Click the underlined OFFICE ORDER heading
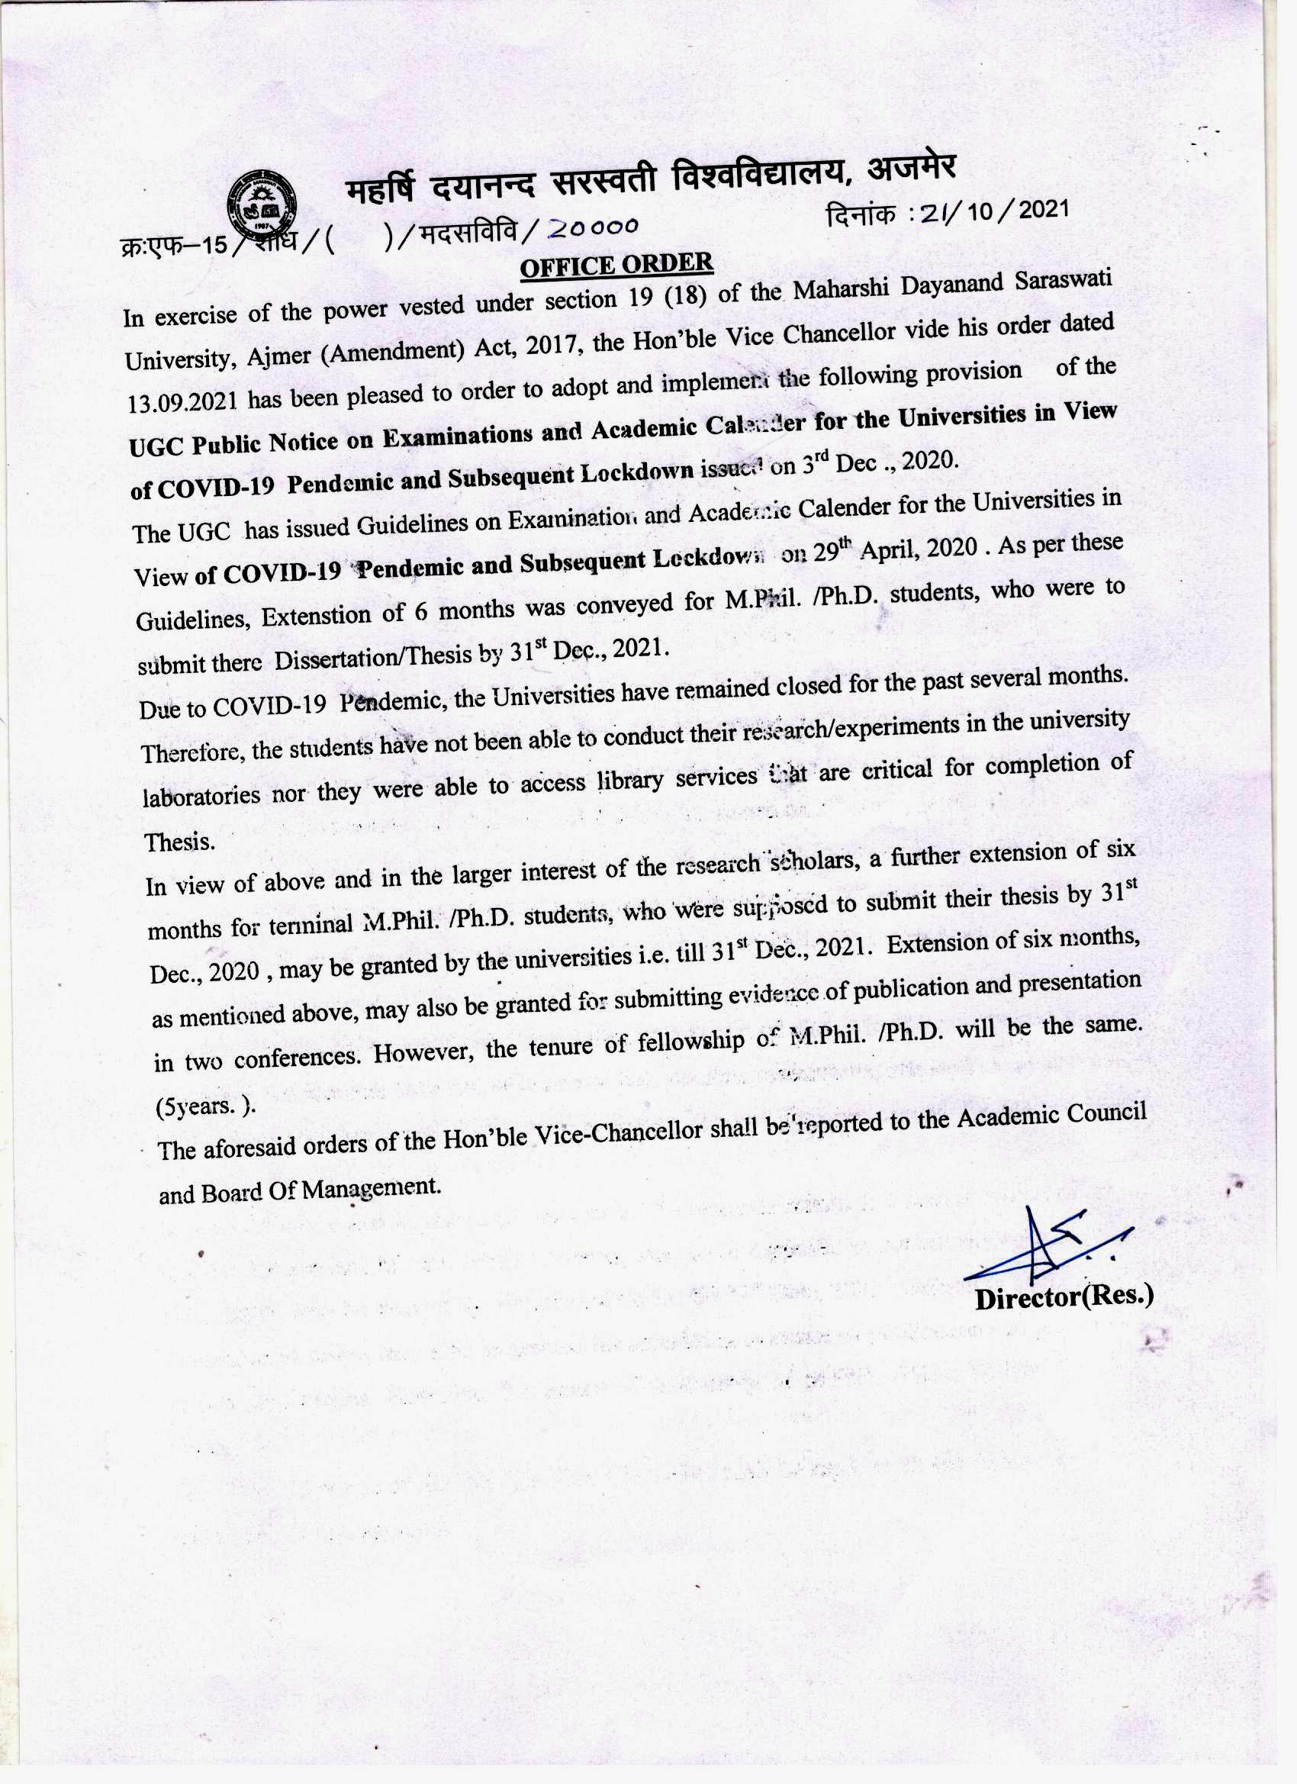click(616, 265)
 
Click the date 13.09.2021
click(182, 402)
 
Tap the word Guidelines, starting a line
click(194, 620)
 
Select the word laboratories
click(201, 796)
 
